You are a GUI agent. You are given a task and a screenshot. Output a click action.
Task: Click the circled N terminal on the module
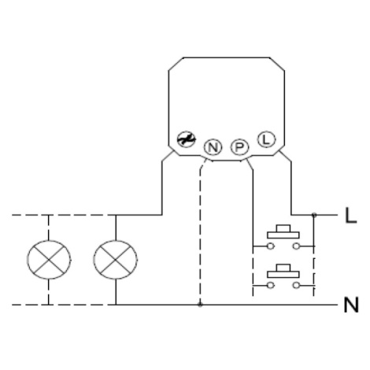pyautogui.click(x=213, y=147)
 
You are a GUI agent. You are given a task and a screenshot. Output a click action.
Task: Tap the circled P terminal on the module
pyautogui.click(x=239, y=147)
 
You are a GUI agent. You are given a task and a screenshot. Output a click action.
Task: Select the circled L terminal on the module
pyautogui.click(x=266, y=139)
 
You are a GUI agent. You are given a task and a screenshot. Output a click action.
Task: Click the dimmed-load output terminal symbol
pyautogui.click(x=187, y=139)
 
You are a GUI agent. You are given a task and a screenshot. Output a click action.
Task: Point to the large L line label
pyautogui.click(x=350, y=215)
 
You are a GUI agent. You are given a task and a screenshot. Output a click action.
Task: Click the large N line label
pyautogui.click(x=351, y=305)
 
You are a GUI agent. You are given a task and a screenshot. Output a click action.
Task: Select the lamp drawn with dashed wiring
pyautogui.click(x=49, y=260)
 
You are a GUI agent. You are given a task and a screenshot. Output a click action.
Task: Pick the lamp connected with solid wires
pyautogui.click(x=116, y=260)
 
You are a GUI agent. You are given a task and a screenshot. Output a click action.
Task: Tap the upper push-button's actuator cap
pyautogui.click(x=283, y=228)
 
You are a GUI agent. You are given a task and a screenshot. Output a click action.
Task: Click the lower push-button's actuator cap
pyautogui.click(x=283, y=268)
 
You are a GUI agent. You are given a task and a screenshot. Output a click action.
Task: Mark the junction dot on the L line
pyautogui.click(x=314, y=215)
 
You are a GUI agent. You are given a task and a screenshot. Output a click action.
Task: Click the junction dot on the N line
pyautogui.click(x=200, y=305)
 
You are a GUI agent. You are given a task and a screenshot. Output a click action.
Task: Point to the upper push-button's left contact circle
pyautogui.click(x=271, y=246)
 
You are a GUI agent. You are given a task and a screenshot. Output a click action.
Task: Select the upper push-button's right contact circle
pyautogui.click(x=296, y=246)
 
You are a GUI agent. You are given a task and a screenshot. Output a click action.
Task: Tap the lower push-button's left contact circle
pyautogui.click(x=271, y=285)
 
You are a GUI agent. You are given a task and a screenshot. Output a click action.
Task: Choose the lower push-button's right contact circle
pyautogui.click(x=296, y=285)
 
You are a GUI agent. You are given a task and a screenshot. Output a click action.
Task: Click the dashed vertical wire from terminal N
pyautogui.click(x=200, y=236)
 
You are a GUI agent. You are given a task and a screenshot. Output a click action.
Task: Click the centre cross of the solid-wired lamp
pyautogui.click(x=116, y=260)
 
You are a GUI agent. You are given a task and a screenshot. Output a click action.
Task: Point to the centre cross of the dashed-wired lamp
pyautogui.click(x=49, y=260)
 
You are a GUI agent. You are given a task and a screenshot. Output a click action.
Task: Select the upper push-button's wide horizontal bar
pyautogui.click(x=283, y=235)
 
